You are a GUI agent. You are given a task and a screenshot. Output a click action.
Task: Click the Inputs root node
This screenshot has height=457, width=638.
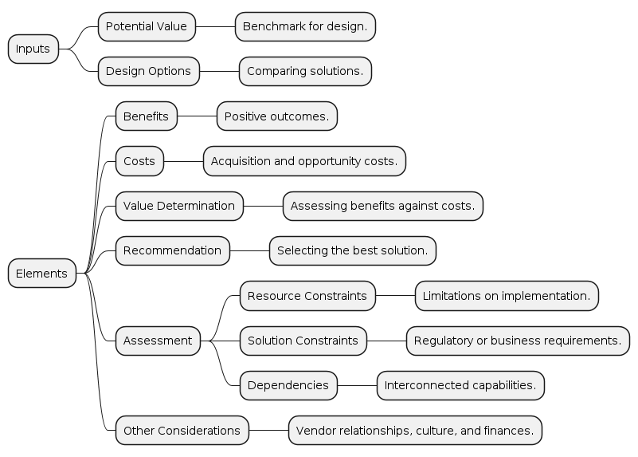point(33,49)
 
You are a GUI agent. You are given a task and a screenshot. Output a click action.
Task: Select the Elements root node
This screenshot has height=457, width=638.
point(41,274)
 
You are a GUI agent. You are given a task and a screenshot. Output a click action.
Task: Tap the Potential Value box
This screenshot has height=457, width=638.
point(147,26)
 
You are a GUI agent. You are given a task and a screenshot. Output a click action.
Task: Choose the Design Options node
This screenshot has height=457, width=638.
point(148,71)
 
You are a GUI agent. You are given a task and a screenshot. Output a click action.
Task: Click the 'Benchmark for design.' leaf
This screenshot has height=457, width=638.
point(305,26)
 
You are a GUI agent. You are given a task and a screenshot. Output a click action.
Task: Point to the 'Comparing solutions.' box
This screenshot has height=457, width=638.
point(305,71)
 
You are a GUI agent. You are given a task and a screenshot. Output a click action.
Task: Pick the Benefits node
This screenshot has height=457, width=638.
point(146,116)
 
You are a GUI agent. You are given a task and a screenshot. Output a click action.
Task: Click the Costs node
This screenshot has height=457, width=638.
point(139,161)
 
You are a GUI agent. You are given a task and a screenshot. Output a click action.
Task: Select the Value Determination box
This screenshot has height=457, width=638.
point(179,206)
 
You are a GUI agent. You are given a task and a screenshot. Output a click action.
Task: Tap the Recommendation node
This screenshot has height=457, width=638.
point(173,250)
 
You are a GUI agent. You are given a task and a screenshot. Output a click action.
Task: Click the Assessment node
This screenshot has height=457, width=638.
point(158,341)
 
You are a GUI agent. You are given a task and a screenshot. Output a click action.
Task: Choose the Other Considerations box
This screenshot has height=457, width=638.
point(182,431)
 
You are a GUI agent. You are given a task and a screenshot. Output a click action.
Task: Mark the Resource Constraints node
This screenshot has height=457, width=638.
point(307,296)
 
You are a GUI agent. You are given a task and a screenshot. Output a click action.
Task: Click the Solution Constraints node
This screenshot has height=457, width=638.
point(303,341)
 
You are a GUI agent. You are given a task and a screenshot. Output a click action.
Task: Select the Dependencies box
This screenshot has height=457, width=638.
point(288,385)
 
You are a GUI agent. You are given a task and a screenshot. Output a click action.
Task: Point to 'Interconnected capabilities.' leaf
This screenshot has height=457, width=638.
point(460,385)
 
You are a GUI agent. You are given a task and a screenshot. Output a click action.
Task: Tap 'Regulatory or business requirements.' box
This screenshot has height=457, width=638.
point(518,341)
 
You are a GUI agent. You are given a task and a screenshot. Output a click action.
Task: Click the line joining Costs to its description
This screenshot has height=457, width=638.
point(183,161)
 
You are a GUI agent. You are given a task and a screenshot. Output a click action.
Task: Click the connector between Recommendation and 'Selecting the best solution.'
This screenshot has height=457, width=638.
point(249,250)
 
